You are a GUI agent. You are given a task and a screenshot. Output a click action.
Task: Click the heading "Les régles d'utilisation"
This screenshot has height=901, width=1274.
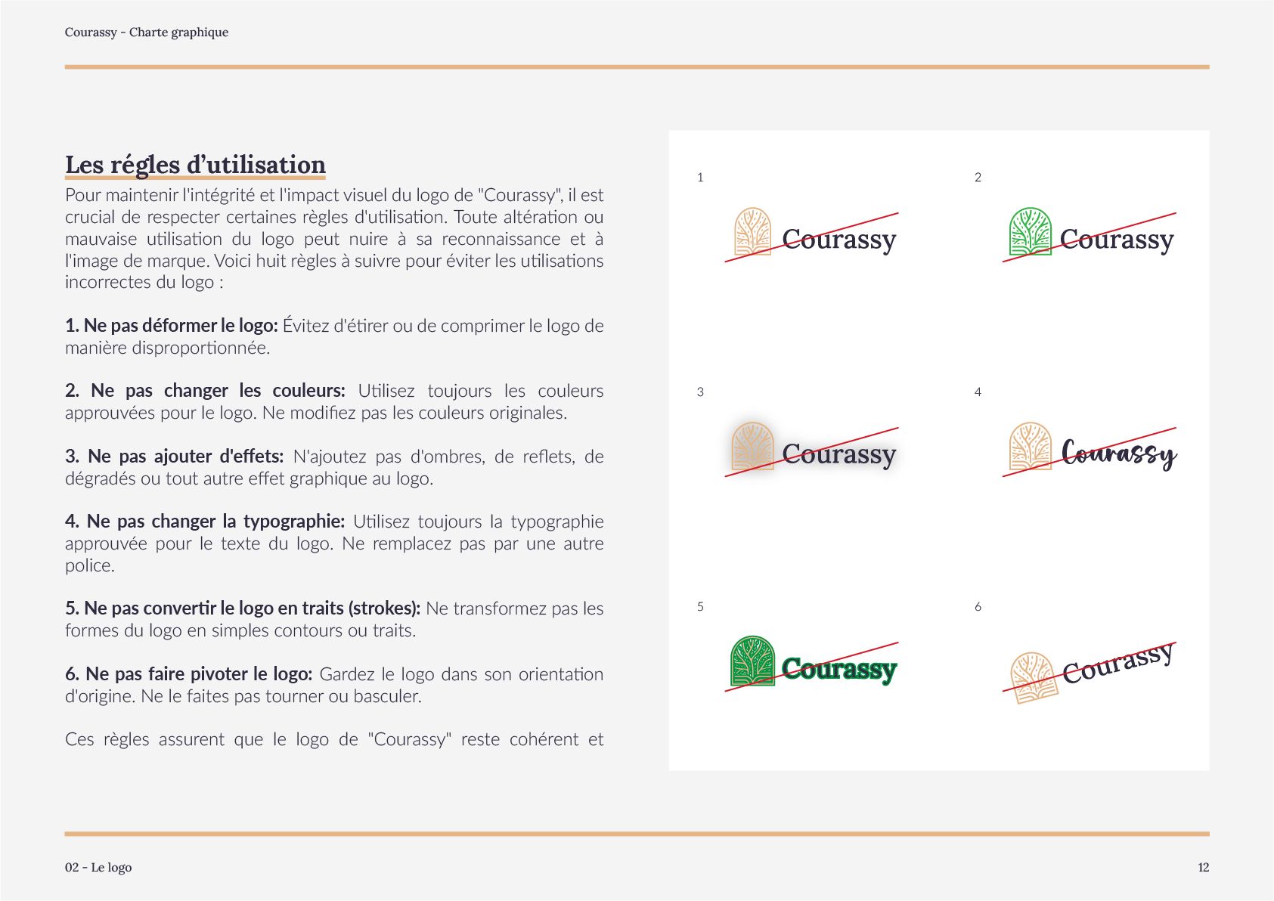[x=195, y=165]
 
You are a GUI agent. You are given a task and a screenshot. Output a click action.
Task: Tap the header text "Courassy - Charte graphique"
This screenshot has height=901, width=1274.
[x=147, y=33]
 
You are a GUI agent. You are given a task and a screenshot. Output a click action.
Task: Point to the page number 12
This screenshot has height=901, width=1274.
[x=1203, y=867]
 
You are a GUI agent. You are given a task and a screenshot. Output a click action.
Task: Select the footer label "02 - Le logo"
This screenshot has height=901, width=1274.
[x=98, y=867]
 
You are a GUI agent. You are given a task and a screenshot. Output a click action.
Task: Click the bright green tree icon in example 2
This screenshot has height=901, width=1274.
[x=1030, y=232]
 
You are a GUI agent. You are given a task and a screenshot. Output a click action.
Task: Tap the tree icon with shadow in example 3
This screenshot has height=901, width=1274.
[x=752, y=447]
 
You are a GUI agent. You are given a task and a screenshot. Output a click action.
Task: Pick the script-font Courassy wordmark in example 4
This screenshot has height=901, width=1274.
[x=1118, y=454]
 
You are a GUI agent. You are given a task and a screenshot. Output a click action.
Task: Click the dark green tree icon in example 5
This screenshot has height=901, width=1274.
[x=752, y=661]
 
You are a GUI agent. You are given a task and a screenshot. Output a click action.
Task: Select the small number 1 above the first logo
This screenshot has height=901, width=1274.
[x=700, y=178]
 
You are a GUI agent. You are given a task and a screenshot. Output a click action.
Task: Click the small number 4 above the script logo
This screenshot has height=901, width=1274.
[x=978, y=392]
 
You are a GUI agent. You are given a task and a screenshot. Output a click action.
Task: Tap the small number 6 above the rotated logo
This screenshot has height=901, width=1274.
[x=978, y=607]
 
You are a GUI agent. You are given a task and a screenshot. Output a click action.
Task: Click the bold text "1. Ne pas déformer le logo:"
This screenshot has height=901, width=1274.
[x=172, y=326]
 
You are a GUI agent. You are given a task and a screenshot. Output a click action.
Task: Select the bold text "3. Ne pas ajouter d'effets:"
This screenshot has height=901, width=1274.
[x=175, y=457]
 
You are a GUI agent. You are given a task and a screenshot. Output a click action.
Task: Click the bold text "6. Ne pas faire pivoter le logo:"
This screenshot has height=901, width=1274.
[x=189, y=674]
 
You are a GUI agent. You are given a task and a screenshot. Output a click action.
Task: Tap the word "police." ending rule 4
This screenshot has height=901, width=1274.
[x=90, y=565]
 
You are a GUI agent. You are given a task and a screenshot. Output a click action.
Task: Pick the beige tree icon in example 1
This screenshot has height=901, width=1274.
[x=752, y=232]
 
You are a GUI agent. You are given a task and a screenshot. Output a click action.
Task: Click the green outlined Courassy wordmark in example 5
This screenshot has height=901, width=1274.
[x=839, y=669]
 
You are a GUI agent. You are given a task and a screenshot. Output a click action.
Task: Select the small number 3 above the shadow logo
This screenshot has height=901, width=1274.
[x=700, y=392]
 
